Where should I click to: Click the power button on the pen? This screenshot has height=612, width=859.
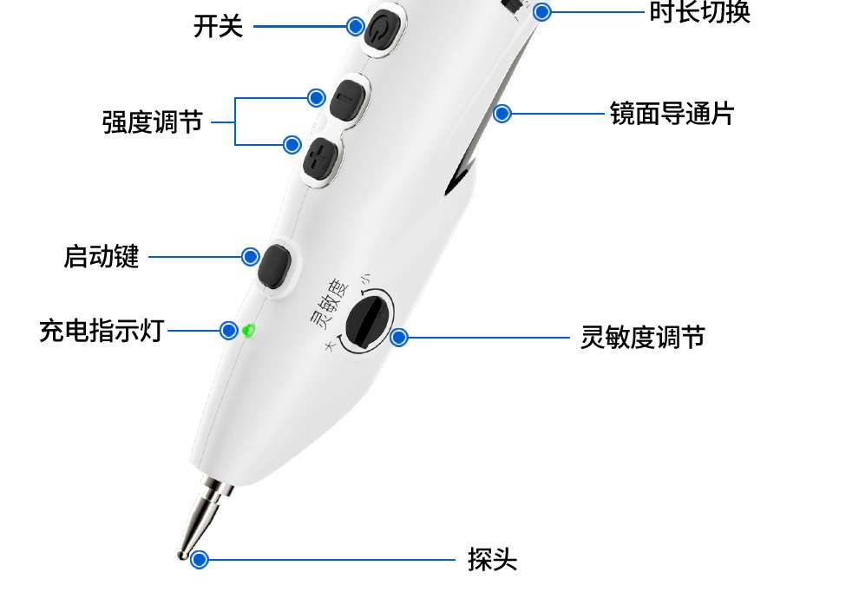coord(382,30)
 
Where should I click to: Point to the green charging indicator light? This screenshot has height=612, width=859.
coord(250,330)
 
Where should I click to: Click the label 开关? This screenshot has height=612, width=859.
coord(218,26)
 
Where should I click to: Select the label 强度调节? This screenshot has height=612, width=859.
coord(153,122)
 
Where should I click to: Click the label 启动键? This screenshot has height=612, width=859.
coord(102,257)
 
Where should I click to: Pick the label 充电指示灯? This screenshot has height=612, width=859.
coord(102,331)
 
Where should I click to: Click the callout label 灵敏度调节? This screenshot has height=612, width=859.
coord(642,337)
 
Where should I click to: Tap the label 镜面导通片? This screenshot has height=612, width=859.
coord(672,114)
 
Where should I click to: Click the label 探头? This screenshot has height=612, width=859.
coord(492,560)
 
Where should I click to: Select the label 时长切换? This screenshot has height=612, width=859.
coord(699,12)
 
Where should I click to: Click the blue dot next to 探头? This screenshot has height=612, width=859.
coord(200,560)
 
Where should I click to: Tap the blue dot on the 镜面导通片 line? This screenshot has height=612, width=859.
coord(502,114)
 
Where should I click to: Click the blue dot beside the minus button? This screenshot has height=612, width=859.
coord(317,96)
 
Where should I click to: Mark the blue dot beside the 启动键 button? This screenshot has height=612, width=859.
coord(250,257)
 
